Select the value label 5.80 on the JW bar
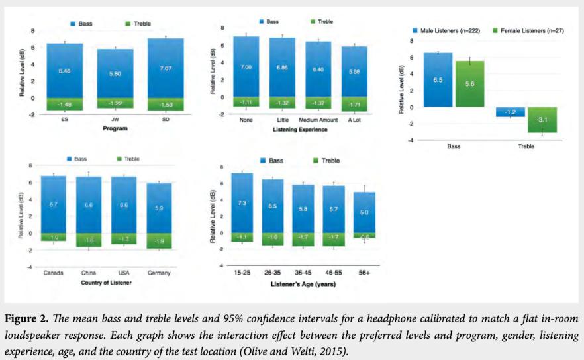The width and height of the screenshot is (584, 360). tap(115, 73)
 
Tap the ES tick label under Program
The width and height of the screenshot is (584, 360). tap(64, 120)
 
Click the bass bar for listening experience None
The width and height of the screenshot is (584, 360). tap(246, 66)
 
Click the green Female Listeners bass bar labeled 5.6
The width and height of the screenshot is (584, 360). tap(469, 83)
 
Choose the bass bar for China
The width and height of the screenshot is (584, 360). tap(89, 205)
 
